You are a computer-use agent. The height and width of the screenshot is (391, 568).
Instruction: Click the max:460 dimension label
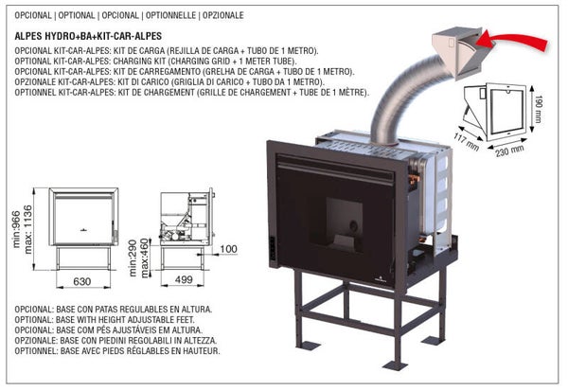(x=145, y=253)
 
